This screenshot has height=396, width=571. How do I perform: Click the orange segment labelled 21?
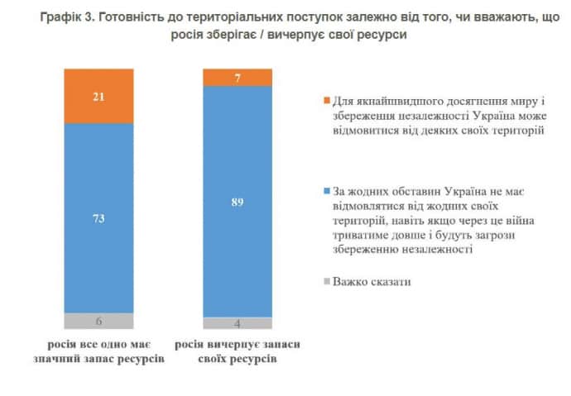98,95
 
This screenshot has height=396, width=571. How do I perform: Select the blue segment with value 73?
98,218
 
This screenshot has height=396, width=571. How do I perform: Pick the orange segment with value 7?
238,77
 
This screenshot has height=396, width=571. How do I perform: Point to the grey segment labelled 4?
238,323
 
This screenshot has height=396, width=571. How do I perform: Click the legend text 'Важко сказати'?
373,282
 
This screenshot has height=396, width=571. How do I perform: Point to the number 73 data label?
98,218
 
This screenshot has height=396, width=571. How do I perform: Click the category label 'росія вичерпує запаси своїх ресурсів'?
238,351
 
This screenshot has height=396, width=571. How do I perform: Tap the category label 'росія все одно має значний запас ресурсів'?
98,351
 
